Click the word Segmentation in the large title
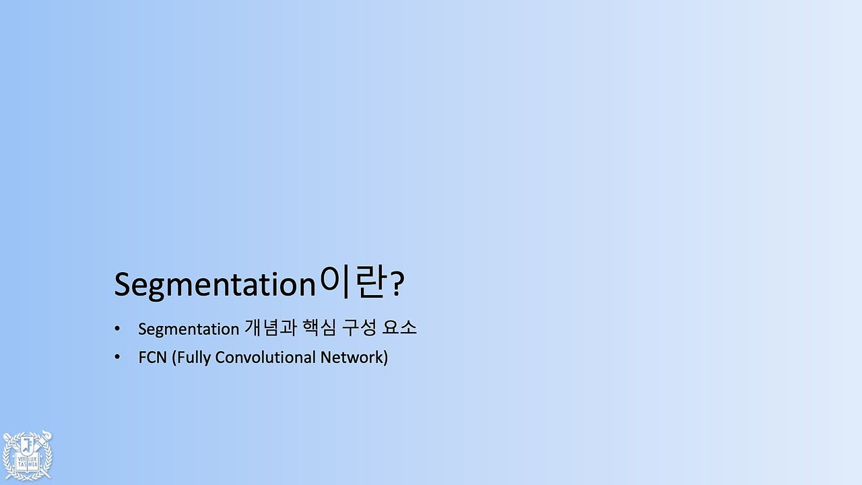tap(215, 285)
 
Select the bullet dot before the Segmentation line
tap(117, 329)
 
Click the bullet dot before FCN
tap(117, 357)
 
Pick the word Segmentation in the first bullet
tap(189, 329)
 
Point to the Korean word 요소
tap(399, 328)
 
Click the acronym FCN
tap(152, 357)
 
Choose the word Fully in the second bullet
tap(193, 358)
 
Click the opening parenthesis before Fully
tap(174, 358)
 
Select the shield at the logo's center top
tap(28, 445)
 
